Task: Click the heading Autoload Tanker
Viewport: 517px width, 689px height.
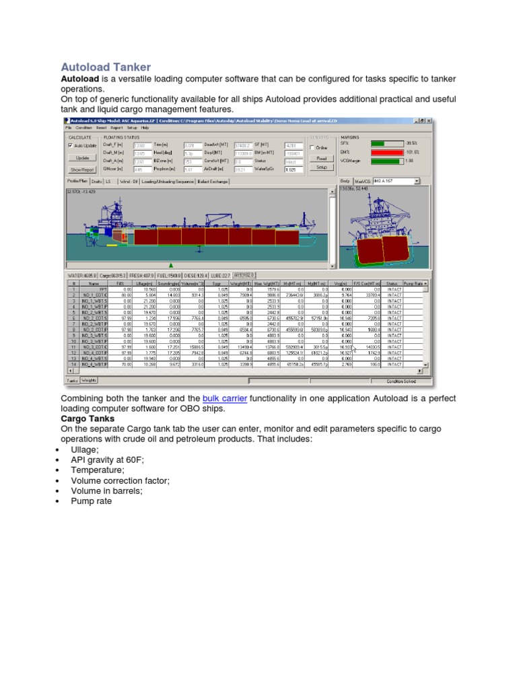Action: click(x=106, y=67)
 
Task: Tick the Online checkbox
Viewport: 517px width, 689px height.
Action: click(x=312, y=147)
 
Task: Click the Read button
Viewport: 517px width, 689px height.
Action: click(x=321, y=159)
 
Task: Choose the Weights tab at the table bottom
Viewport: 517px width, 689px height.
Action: click(x=88, y=380)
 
